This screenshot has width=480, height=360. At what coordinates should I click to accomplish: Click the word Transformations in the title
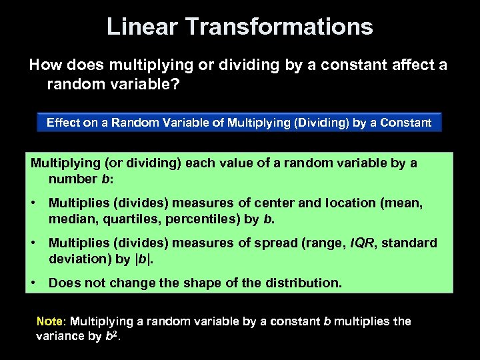click(x=279, y=27)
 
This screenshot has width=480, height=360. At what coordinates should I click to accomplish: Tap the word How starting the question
click(x=43, y=65)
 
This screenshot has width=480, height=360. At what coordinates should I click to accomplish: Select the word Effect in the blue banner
click(x=62, y=123)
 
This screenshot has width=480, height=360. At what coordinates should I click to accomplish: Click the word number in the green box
click(x=73, y=179)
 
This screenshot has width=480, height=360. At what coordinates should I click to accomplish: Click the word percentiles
click(x=194, y=219)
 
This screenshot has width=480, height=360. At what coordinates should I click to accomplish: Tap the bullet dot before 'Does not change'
click(x=33, y=283)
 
